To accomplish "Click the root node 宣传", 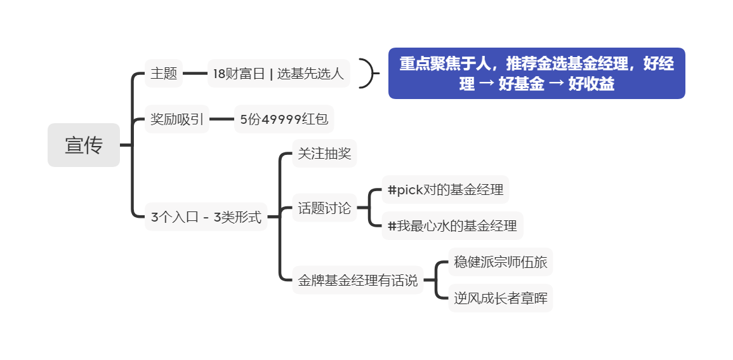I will click(x=84, y=145).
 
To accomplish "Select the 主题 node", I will click(x=164, y=74).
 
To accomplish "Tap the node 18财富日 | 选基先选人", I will click(x=279, y=74).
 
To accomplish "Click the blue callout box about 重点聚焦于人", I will click(x=536, y=74).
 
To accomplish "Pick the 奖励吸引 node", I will click(x=177, y=119).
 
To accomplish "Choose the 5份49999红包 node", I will click(x=284, y=119).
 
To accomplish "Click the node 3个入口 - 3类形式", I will click(x=206, y=217).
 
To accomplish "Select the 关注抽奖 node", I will click(x=324, y=154).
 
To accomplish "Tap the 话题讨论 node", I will click(x=324, y=208).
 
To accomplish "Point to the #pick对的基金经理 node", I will click(x=445, y=190).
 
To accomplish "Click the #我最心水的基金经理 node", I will click(x=452, y=226).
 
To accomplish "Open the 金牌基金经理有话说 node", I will click(x=358, y=280).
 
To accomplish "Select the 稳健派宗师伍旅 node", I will click(x=500, y=262).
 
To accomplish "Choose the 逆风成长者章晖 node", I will click(x=500, y=298).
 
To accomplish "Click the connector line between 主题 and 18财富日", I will click(x=195, y=74).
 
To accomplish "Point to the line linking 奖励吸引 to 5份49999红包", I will click(x=222, y=119).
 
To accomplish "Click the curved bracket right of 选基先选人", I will click(x=368, y=74).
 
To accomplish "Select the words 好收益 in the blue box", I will click(x=591, y=84).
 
